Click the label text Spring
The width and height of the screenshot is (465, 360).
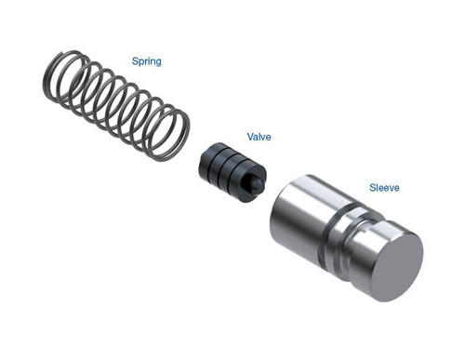click(146, 61)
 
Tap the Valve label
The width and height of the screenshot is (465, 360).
click(259, 136)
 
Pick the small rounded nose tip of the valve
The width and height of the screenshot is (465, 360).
click(255, 187)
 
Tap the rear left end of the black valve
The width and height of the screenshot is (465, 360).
click(204, 160)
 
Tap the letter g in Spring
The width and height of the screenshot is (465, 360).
click(158, 62)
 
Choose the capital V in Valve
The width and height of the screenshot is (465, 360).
click(249, 136)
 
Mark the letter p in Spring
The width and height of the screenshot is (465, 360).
click(140, 62)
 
